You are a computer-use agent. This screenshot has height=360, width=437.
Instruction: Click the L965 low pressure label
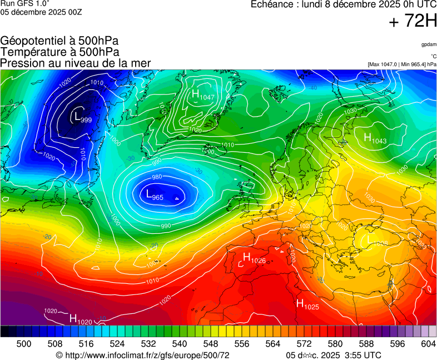(155, 195)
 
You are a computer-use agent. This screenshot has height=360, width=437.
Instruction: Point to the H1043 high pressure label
(375, 138)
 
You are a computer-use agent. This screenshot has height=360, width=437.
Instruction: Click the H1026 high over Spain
(254, 258)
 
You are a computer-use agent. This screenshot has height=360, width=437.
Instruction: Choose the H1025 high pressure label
(307, 304)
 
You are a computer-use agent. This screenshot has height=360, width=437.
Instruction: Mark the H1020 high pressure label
(80, 319)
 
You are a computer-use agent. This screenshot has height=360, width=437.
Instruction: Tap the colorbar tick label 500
(24, 344)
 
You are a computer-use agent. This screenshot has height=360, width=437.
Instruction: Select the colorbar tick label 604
(428, 344)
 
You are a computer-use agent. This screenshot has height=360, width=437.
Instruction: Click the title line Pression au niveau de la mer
(76, 63)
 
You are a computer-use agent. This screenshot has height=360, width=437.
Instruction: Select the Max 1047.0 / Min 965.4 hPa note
(402, 64)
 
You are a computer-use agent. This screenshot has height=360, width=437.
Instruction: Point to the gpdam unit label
(428, 44)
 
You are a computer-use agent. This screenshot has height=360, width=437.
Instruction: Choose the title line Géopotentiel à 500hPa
(59, 41)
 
